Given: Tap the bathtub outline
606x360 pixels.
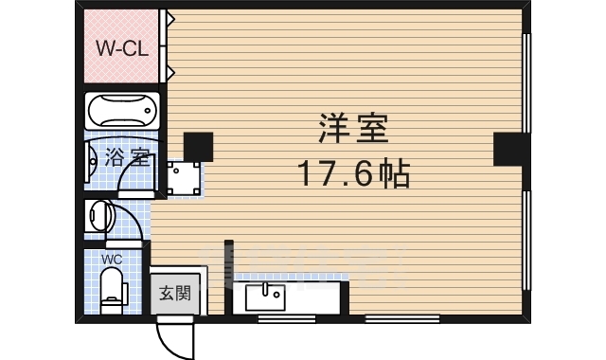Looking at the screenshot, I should coord(122,111).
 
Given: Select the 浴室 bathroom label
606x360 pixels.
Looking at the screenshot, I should coord(127,158).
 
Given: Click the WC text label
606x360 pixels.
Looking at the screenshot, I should coord(112,259).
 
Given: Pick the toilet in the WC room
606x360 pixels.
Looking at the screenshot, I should coord(113,287).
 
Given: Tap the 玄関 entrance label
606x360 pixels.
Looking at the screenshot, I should coord(173,293).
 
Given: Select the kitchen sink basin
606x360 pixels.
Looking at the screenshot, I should coord(265,297).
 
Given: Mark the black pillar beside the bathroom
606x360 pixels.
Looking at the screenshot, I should coord(198,146).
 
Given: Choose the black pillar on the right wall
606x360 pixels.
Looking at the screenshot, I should coord(508,149).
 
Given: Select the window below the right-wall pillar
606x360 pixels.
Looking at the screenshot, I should coord(526,242).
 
